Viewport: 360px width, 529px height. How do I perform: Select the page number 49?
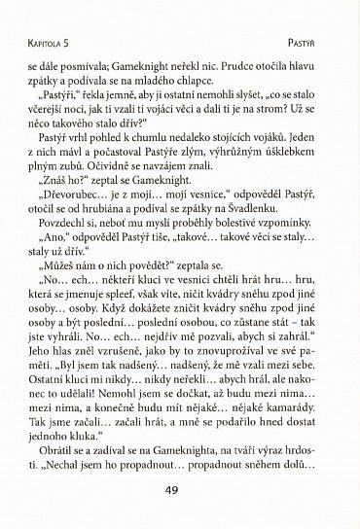[180, 490]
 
